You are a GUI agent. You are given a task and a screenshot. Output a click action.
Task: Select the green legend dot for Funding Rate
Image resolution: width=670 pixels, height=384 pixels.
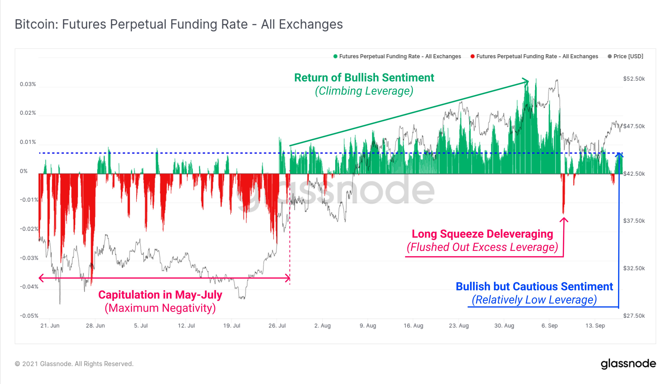pos(335,56)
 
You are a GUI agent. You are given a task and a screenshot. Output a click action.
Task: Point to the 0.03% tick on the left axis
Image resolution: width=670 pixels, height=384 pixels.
pos(28,84)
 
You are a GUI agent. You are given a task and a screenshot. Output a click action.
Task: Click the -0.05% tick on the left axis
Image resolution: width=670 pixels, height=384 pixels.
pos(29,316)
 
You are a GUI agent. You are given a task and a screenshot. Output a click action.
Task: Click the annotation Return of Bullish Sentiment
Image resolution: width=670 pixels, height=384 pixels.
pos(364,78)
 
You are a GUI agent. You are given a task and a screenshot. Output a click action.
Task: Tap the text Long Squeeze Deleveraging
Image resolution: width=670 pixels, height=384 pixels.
pos(482,234)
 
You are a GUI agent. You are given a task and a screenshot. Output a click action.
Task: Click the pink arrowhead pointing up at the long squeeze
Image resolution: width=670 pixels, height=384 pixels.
pos(564,220)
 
